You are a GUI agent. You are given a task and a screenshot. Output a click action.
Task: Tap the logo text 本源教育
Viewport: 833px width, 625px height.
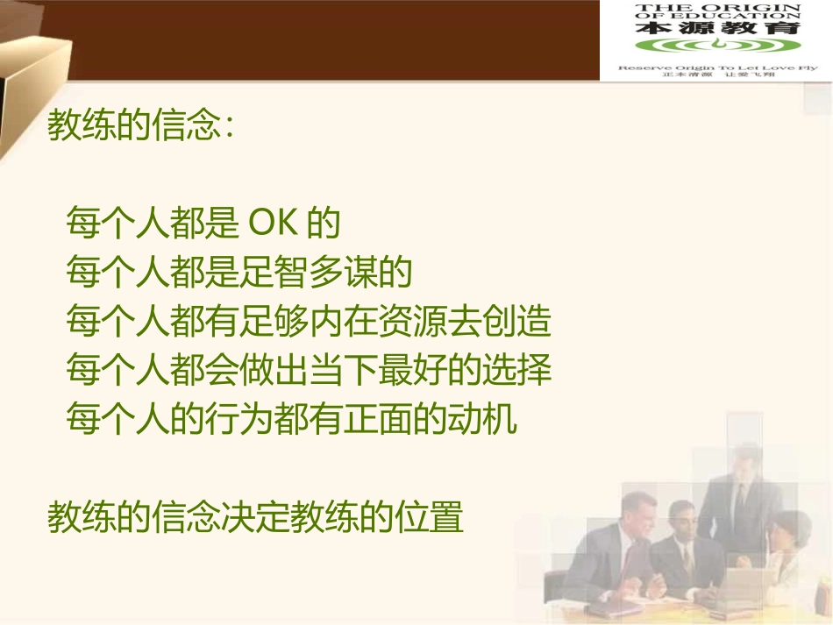pyautogui.click(x=717, y=28)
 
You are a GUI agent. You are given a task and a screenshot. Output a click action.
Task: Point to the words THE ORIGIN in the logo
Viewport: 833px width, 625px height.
pyautogui.click(x=717, y=7)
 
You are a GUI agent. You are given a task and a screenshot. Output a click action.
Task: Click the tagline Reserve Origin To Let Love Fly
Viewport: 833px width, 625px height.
pyautogui.click(x=717, y=67)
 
